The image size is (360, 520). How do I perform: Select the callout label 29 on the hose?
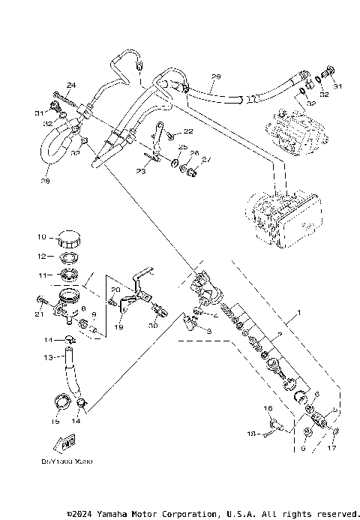216,77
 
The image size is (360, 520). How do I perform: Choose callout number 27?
207,158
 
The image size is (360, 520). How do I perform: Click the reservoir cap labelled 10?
70,239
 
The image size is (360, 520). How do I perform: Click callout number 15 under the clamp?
54,422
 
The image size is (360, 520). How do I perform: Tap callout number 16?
266,407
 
